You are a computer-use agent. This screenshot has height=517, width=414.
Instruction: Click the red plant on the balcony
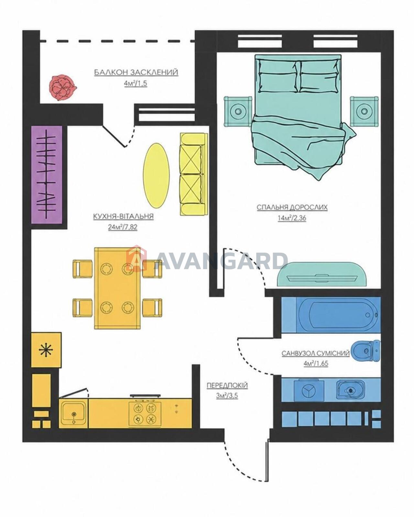click(x=62, y=88)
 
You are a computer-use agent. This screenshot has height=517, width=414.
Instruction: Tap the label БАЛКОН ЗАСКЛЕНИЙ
click(x=136, y=72)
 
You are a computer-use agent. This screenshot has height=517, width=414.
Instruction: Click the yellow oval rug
click(x=156, y=175)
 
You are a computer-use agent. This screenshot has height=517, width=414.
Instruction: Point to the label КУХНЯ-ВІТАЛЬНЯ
click(x=123, y=216)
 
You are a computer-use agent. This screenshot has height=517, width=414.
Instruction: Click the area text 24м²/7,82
click(x=123, y=227)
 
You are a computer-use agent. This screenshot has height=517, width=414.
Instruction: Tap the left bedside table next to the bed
click(x=238, y=111)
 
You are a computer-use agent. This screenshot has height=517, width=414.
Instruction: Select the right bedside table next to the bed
click(x=364, y=111)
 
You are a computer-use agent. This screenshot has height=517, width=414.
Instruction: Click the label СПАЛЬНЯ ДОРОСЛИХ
click(x=292, y=207)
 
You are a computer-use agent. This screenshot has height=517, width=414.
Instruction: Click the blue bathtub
click(x=331, y=315)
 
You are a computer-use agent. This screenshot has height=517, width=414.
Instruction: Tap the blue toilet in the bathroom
click(x=365, y=351)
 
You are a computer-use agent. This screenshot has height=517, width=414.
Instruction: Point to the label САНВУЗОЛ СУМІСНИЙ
click(x=316, y=353)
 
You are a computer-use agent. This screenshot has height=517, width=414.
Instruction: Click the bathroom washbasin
click(x=350, y=391)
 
